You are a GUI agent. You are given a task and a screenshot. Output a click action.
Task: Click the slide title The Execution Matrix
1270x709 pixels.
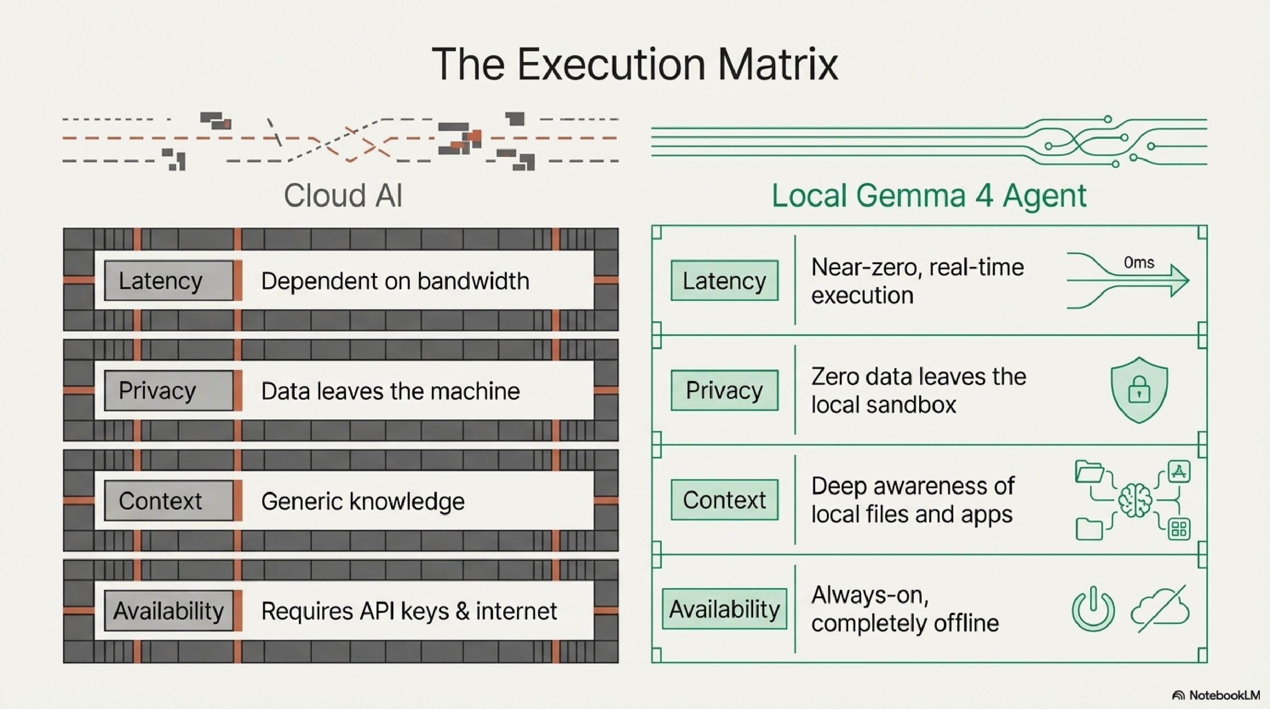[x=635, y=64]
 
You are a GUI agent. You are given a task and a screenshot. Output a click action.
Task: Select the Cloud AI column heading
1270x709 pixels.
[x=343, y=195]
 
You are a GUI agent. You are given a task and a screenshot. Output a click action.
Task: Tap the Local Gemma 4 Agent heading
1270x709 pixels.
[x=929, y=195]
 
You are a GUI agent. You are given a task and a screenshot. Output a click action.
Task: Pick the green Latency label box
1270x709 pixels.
[x=724, y=280]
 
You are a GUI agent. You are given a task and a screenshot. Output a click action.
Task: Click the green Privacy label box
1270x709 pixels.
[x=724, y=390]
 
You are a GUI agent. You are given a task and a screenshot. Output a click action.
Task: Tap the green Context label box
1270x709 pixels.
[x=724, y=500]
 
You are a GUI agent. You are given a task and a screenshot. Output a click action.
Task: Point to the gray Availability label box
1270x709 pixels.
[x=169, y=610]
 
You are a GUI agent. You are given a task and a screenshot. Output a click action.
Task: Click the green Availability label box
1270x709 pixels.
[x=724, y=609]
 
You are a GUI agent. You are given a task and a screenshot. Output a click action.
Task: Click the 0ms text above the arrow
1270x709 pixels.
[x=1139, y=262]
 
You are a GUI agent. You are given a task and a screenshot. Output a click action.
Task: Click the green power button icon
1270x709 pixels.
[x=1093, y=609]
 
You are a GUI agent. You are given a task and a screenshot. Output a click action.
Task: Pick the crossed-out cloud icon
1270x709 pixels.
[x=1160, y=610]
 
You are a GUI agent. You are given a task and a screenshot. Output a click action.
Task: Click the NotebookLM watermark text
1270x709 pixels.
[x=1224, y=695]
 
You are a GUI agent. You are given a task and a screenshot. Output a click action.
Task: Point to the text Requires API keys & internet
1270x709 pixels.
[x=409, y=612]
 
